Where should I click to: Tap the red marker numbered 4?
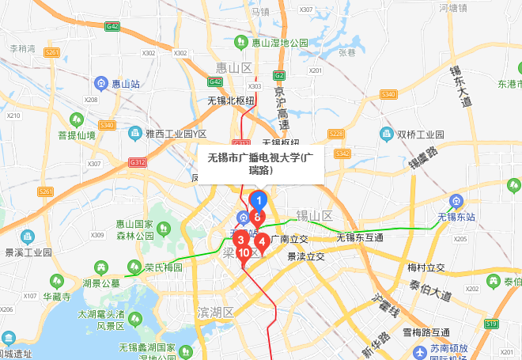click(262, 242)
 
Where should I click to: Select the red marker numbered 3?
click(240, 240)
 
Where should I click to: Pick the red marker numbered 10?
click(244, 253)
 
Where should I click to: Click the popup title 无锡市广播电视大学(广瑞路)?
click(260, 163)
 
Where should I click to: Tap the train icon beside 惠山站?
click(100, 82)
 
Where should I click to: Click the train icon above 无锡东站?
click(456, 202)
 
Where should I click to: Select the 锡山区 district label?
click(314, 216)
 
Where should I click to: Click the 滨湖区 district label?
click(216, 312)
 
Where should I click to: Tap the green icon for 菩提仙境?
click(77, 119)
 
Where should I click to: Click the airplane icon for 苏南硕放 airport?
click(418, 351)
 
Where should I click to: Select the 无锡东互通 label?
click(360, 237)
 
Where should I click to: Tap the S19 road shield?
click(491, 324)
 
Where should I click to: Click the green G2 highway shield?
click(278, 75)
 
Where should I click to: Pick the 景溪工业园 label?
click(28, 252)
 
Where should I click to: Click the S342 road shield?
click(342, 153)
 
